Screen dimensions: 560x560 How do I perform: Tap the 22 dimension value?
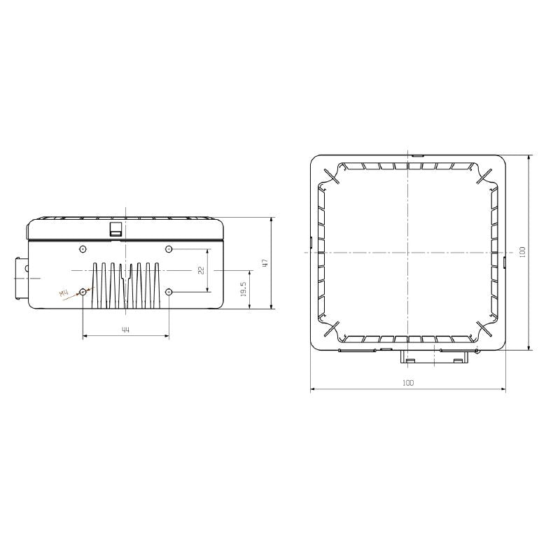pyautogui.click(x=200, y=269)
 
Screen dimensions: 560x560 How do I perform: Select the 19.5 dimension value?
pyautogui.click(x=243, y=289)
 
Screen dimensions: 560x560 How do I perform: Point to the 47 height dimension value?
pyautogui.click(x=264, y=263)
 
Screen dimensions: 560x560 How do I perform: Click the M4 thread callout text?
pyautogui.click(x=65, y=295)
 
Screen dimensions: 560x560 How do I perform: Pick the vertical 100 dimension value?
pyautogui.click(x=521, y=252)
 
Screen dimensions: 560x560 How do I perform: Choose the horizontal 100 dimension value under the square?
pyautogui.click(x=408, y=383)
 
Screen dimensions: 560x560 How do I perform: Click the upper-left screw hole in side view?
pyautogui.click(x=83, y=248)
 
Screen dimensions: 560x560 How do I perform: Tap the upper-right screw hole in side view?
pyautogui.click(x=168, y=248)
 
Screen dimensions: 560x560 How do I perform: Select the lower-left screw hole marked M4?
pyautogui.click(x=83, y=291)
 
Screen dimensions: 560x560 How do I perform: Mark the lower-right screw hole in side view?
pyautogui.click(x=168, y=291)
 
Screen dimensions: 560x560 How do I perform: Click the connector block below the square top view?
pyautogui.click(x=435, y=357)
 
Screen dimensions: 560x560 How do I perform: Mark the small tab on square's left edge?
pyautogui.click(x=311, y=242)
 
